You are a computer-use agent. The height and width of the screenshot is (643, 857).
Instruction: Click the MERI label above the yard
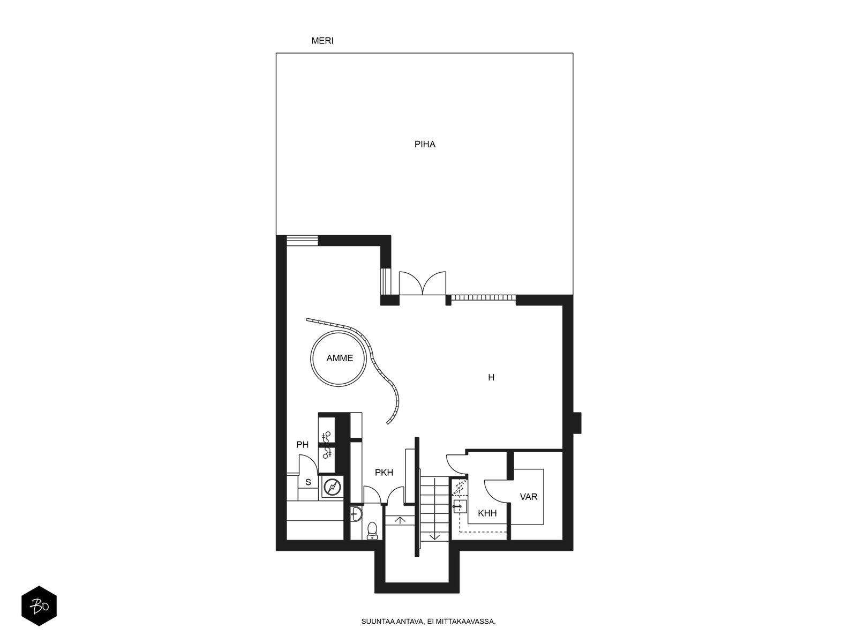(x=322, y=41)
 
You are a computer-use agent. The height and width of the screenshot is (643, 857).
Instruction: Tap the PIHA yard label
(x=425, y=144)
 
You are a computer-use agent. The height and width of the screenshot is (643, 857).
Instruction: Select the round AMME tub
(x=338, y=358)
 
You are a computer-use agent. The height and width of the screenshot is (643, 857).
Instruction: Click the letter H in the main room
(x=491, y=377)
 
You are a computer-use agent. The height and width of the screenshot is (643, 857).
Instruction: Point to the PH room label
(x=302, y=444)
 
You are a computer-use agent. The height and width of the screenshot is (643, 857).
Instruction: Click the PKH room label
(x=384, y=473)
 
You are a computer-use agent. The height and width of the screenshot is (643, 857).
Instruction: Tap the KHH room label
(x=487, y=513)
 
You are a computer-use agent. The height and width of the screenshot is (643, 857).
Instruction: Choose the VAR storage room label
(x=529, y=497)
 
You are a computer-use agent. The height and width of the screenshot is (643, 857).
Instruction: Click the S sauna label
(x=308, y=482)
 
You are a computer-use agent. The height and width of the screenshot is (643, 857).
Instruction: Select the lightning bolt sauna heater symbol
(x=333, y=487)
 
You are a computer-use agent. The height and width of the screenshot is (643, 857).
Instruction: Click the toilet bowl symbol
(x=372, y=531)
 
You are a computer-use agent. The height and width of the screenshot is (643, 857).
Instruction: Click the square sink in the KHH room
(x=460, y=506)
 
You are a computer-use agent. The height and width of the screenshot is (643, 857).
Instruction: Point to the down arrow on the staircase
(x=434, y=537)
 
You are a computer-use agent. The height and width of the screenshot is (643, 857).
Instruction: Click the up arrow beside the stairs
(x=400, y=520)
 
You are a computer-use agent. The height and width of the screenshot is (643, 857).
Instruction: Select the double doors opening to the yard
(x=423, y=283)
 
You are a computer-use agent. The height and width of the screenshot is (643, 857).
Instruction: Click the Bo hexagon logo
(x=39, y=607)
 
